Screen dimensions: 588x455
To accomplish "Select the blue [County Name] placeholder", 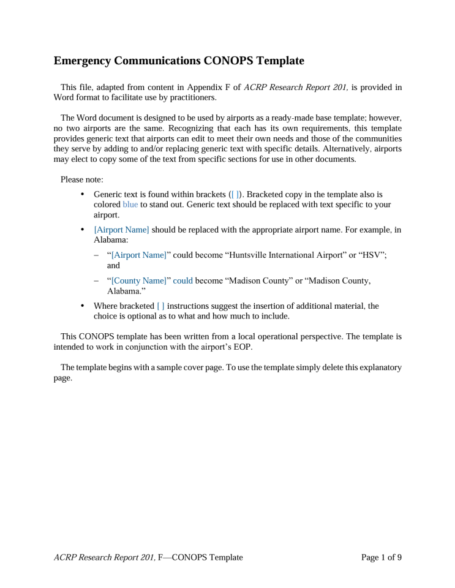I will coord(140,281).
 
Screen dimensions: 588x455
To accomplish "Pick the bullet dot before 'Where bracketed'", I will coord(83,306).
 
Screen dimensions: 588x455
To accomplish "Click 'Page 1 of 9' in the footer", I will coord(382,557).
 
